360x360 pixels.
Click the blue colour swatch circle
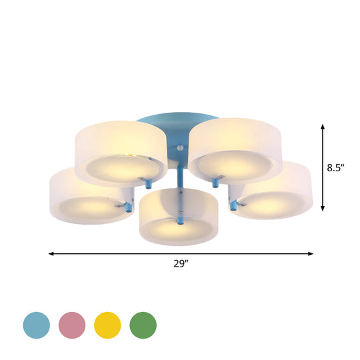point(37,325)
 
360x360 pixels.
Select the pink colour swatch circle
point(73,325)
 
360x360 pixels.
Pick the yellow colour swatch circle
point(107,325)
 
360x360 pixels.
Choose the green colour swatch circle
point(143,325)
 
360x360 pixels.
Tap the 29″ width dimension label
point(180,264)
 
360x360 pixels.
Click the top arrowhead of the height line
point(323,127)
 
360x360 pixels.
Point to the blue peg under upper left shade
point(149,181)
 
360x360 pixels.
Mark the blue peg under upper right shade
point(215,181)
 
